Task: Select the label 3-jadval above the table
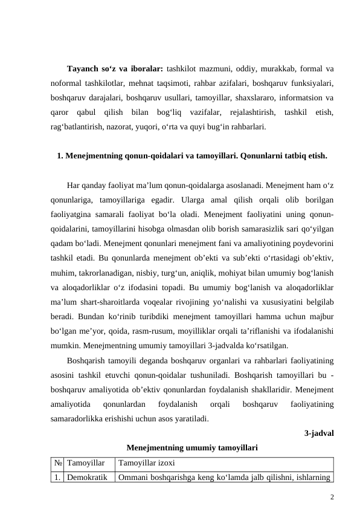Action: (320, 433)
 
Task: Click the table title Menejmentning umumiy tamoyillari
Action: (193, 448)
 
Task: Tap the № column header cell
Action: (57, 464)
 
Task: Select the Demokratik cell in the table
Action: (88, 478)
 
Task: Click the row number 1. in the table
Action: (57, 478)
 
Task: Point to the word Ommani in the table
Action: (134, 478)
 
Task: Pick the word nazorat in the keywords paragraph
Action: (117, 127)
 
